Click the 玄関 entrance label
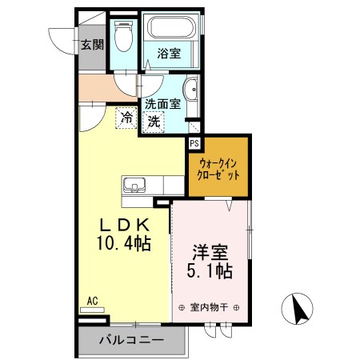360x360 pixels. click(92, 45)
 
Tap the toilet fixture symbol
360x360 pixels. click(124, 36)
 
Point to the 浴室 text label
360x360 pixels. click(168, 54)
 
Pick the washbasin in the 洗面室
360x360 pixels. click(192, 89)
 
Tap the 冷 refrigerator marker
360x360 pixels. click(126, 118)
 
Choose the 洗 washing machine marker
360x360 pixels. click(154, 122)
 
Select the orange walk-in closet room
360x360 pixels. click(218, 168)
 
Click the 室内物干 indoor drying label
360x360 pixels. click(210, 306)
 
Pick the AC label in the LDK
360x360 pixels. click(92, 301)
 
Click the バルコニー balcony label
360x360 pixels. click(131, 340)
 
